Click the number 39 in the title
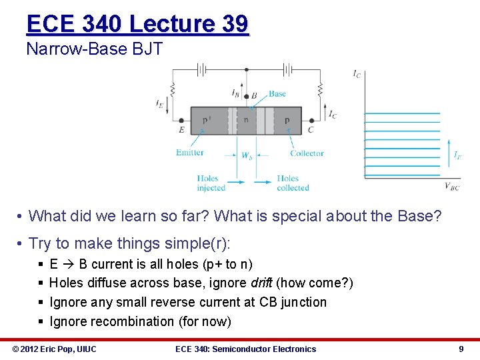point(233,24)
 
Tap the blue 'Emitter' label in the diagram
point(190,153)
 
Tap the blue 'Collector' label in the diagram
point(307,153)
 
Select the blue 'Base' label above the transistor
point(277,94)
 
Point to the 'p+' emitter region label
point(207,120)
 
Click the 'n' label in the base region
point(246,120)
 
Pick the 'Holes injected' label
point(211,183)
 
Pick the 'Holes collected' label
point(293,183)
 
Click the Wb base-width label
point(247,156)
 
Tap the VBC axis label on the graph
point(451,187)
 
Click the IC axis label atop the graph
point(357,74)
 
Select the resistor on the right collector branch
point(320,88)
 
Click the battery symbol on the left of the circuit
point(203,69)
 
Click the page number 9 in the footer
point(461,349)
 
